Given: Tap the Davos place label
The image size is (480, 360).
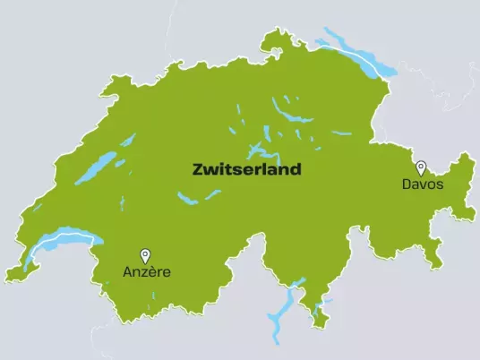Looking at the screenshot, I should click(x=422, y=184).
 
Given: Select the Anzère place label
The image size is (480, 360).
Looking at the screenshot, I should click(x=146, y=272).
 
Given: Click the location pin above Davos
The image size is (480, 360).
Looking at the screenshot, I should click(x=421, y=167).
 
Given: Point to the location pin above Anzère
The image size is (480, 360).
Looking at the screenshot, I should click(x=145, y=255).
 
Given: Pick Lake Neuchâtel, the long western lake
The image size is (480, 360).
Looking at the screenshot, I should click(x=95, y=167).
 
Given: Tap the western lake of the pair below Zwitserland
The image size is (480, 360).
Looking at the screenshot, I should click(x=187, y=198).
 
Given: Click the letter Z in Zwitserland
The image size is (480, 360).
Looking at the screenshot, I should click(x=199, y=168).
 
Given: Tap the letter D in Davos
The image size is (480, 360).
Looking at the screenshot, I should click(x=407, y=184).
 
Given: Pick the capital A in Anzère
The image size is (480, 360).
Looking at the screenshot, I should click(x=127, y=272).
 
